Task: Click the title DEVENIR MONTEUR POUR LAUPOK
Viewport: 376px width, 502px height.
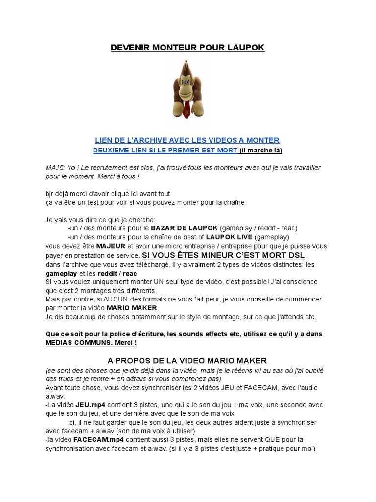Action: click(x=188, y=48)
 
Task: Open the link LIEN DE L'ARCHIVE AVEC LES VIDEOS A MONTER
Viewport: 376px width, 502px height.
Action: click(x=188, y=140)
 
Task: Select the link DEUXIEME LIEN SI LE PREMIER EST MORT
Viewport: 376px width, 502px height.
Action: click(x=165, y=150)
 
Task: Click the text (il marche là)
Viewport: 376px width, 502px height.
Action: click(x=261, y=150)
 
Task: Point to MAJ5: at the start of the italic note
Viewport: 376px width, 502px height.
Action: click(x=55, y=168)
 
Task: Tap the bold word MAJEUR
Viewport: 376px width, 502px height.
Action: click(x=111, y=246)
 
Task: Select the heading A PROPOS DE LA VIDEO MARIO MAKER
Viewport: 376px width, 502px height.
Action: click(x=188, y=361)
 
